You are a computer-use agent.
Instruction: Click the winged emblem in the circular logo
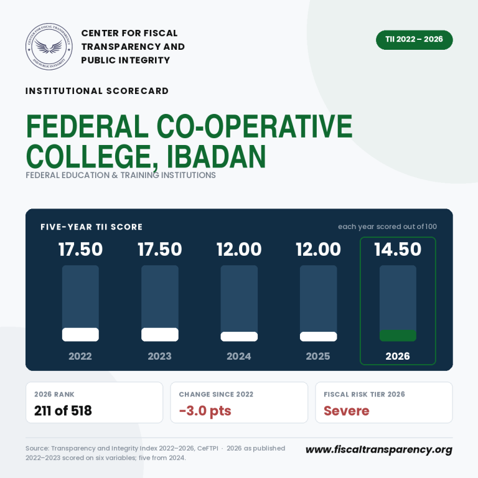coord(49,46)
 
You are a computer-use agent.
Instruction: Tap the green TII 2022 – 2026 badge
coord(415,40)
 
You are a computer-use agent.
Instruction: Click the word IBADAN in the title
coord(217,156)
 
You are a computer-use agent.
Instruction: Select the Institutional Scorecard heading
coord(97,91)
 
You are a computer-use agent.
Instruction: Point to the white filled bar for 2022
coord(80,334)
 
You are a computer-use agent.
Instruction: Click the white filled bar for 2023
coord(160,334)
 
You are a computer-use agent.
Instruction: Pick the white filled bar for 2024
coord(239,337)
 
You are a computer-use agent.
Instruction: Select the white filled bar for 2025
coord(318,337)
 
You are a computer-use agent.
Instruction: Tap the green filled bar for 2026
coord(398,335)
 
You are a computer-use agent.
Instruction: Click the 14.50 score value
coord(398,250)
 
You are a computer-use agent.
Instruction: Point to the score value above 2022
coord(80,250)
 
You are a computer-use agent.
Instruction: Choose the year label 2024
coord(239,356)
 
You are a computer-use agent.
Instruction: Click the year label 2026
coord(398,356)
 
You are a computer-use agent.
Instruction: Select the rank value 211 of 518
coord(63,411)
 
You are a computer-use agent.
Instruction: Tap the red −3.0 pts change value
coord(205,411)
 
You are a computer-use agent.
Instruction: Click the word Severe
coord(346,411)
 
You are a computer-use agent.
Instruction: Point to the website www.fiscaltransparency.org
coord(379,449)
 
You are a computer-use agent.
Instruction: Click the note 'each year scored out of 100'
coord(387,227)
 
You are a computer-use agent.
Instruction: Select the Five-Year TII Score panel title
coord(91,227)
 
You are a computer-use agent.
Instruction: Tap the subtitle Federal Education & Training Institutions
coord(120,176)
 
